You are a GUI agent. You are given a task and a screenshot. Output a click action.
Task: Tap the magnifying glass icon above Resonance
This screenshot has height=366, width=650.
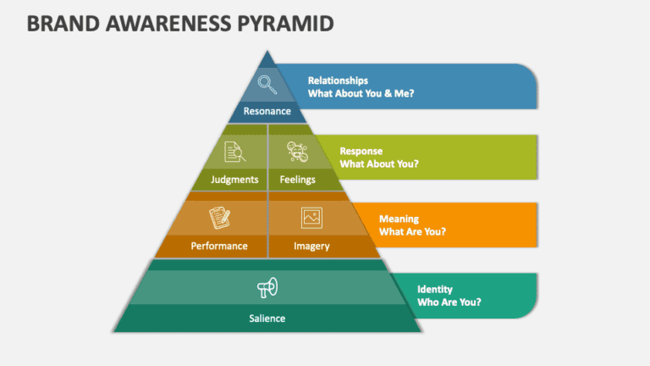pos(267,83)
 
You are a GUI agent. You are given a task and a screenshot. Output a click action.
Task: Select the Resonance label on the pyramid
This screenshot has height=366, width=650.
pos(267,111)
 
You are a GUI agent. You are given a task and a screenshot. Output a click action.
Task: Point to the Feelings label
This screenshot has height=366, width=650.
pos(297,180)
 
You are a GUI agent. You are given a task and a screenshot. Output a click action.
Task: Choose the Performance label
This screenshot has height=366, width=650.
pos(219,247)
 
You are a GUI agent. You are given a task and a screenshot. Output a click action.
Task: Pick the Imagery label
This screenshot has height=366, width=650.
pos(311,247)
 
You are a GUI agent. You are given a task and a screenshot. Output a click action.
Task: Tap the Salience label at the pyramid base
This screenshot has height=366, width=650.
pos(267,319)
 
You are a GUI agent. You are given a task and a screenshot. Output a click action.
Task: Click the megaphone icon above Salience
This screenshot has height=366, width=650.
pos(267,289)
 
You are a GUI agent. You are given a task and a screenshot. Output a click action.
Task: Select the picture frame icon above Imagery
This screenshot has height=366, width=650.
pos(311,218)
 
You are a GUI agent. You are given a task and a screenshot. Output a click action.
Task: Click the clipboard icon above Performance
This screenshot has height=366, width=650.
pos(221,218)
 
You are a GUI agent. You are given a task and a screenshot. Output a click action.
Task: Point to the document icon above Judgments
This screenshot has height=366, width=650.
pos(234,152)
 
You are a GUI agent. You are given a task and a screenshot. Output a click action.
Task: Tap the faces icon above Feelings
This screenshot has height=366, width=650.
pos(297,152)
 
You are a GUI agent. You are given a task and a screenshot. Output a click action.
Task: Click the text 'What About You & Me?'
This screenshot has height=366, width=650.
pos(361,93)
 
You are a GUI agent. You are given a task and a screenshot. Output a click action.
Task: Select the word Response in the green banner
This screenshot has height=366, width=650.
pos(361,151)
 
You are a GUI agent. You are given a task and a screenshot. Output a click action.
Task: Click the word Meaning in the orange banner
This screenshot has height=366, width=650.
pos(399,219)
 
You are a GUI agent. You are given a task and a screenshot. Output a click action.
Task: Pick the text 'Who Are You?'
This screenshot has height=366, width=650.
pos(449,302)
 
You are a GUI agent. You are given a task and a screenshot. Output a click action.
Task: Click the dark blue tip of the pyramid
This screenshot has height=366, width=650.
pos(267,58)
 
